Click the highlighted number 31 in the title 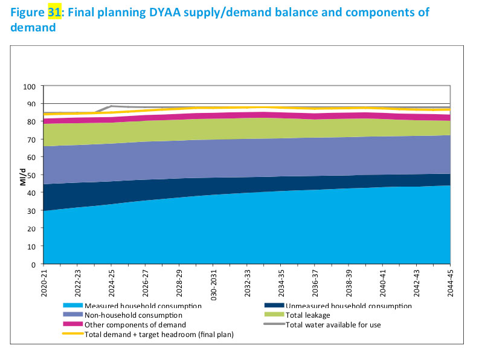click(54, 11)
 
